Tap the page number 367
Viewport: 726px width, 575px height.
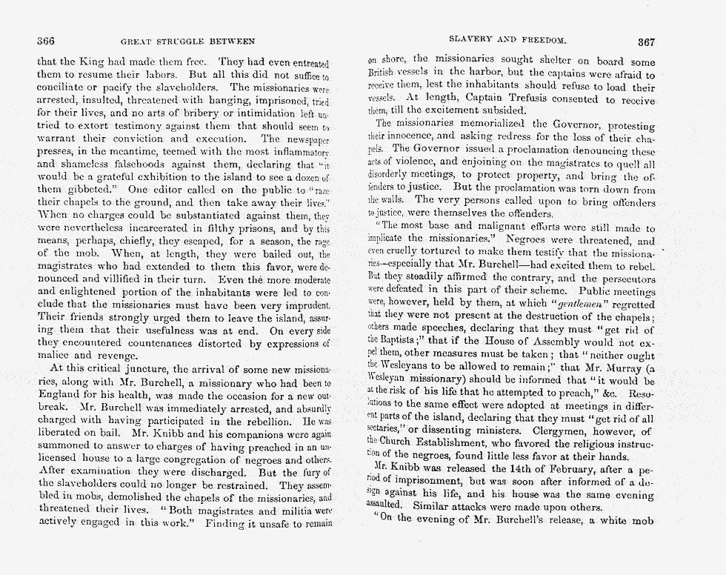(x=646, y=41)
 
